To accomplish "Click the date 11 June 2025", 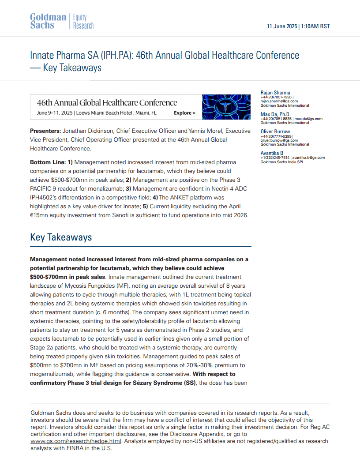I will point(282,26).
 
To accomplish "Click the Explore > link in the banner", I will point(184,113).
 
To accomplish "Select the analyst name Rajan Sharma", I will point(275,93).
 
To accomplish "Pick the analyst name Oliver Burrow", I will point(275,132).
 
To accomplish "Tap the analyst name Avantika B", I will point(272,153).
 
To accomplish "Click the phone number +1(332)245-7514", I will point(275,158).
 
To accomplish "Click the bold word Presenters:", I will point(45,131).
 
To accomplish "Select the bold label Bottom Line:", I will point(48,162).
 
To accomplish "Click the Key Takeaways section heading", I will point(61,237).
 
